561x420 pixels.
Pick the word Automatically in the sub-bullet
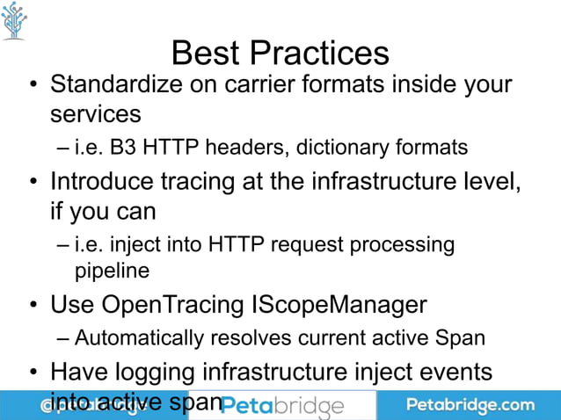pyautogui.click(x=132, y=337)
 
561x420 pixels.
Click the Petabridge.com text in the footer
pyautogui.click(x=470, y=405)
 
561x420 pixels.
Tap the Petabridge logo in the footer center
pyautogui.click(x=281, y=406)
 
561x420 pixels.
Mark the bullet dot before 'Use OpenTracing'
pyautogui.click(x=33, y=306)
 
